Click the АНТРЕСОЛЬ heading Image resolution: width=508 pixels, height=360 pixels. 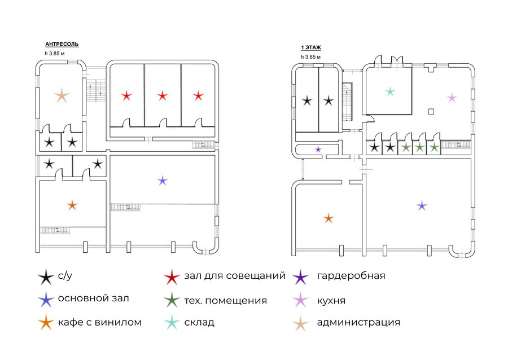pyautogui.click(x=62, y=44)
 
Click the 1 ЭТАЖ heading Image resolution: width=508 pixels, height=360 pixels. pyautogui.click(x=311, y=47)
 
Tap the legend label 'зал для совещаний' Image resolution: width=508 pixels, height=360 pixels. pyautogui.click(x=235, y=276)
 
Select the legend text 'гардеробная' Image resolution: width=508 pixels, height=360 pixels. pyautogui.click(x=351, y=276)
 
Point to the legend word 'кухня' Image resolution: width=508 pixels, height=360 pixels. pyautogui.click(x=331, y=301)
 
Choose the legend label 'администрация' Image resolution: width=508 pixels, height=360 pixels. pyautogui.click(x=358, y=322)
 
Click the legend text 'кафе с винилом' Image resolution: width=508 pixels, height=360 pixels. pyautogui.click(x=100, y=322)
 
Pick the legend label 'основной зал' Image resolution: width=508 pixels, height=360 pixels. pyautogui.click(x=93, y=298)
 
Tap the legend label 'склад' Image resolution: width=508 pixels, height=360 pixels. pyautogui.click(x=199, y=322)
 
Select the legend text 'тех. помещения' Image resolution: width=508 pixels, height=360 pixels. pyautogui.click(x=225, y=301)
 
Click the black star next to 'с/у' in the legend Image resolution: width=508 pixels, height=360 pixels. pyautogui.click(x=46, y=277)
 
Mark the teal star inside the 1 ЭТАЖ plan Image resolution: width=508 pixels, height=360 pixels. pyautogui.click(x=391, y=91)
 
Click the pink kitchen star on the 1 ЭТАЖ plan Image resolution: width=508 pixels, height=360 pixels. pyautogui.click(x=452, y=98)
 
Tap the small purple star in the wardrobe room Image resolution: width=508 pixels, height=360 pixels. pyautogui.click(x=318, y=150)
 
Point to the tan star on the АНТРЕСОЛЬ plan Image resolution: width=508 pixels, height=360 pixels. pyautogui.click(x=62, y=95)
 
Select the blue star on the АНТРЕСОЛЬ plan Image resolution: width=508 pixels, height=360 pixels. pyautogui.click(x=163, y=181)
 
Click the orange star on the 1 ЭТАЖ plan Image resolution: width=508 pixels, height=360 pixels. pyautogui.click(x=329, y=218)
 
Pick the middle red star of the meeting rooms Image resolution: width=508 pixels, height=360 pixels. pyautogui.click(x=163, y=96)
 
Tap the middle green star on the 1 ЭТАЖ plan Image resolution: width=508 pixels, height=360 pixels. pyautogui.click(x=419, y=148)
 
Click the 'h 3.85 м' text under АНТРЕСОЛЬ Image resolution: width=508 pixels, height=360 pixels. pyautogui.click(x=54, y=54)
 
